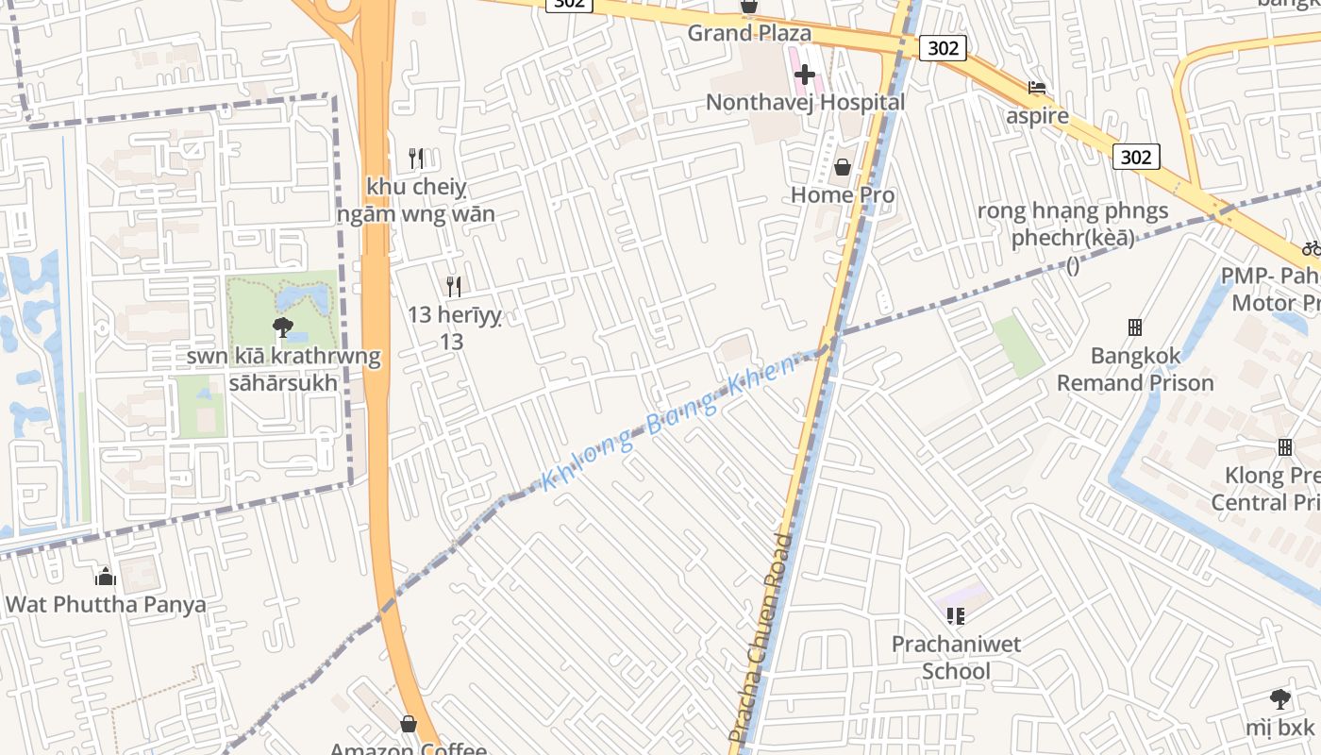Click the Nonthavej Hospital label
(805, 102)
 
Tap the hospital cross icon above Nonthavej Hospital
(805, 74)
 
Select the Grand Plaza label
(748, 33)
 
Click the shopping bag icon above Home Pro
(843, 167)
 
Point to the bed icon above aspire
(1037, 88)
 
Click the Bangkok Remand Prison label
(1135, 370)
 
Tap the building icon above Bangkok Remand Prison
(1135, 327)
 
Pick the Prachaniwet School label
(956, 658)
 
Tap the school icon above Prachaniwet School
(956, 616)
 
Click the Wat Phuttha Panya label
(106, 604)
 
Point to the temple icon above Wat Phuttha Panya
(106, 576)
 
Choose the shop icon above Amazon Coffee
(409, 724)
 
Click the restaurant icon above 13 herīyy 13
(453, 286)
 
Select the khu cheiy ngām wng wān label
(415, 200)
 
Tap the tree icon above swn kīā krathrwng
(281, 327)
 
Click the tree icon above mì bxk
(1279, 699)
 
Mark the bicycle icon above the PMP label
(1311, 248)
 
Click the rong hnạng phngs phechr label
(1073, 225)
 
